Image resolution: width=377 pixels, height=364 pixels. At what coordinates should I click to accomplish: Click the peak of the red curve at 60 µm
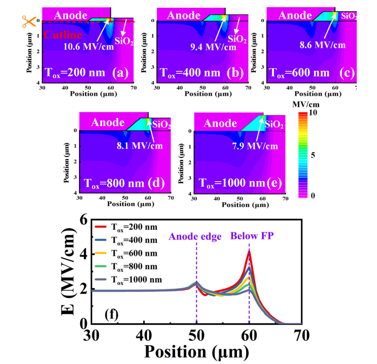pyautogui.click(x=249, y=251)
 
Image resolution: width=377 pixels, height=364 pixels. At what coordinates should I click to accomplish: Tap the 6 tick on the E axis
pyautogui.click(x=84, y=220)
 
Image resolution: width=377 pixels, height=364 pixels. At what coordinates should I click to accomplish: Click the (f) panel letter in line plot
pyautogui.click(x=112, y=313)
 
